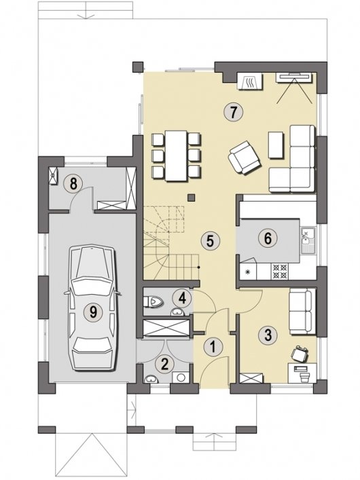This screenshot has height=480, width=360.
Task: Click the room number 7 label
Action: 233,112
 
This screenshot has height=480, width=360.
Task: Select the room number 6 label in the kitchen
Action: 268,238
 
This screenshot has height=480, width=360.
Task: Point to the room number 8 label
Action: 73,184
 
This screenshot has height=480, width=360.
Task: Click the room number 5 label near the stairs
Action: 210,240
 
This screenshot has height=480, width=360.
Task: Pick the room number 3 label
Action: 268,335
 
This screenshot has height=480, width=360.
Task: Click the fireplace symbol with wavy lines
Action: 250,81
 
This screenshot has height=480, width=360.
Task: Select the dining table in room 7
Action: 176,155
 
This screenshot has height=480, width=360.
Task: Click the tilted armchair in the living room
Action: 245,158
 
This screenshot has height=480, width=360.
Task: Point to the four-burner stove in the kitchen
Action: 279,271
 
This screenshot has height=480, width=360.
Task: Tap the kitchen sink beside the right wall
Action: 308,241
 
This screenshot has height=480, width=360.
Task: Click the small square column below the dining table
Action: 191,198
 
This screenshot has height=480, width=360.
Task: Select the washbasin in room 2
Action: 151,379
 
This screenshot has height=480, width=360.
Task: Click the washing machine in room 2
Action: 181,377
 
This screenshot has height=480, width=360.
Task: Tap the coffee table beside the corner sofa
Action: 276,145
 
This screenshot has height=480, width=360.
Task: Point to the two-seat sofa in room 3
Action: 302,312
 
